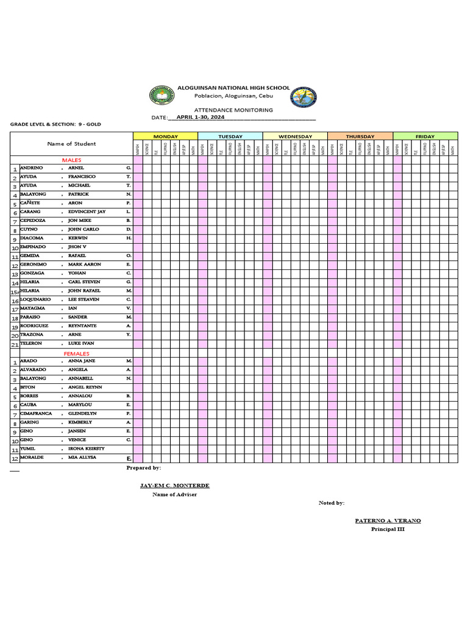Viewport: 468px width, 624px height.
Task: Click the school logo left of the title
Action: pyautogui.click(x=161, y=96)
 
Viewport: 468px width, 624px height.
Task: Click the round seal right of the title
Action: pyautogui.click(x=303, y=97)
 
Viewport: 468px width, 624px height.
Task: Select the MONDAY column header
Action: pyautogui.click(x=165, y=136)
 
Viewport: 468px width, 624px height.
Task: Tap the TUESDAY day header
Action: pyautogui.click(x=230, y=136)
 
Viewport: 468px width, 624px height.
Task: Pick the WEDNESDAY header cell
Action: pyautogui.click(x=295, y=136)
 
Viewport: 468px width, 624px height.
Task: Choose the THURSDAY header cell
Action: pyautogui.click(x=360, y=136)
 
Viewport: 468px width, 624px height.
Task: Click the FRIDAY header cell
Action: pyautogui.click(x=425, y=136)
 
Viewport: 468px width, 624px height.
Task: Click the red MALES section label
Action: pyautogui.click(x=71, y=160)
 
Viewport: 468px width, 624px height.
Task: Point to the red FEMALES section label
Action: pyautogui.click(x=76, y=353)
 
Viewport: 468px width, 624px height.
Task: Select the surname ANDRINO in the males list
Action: pyautogui.click(x=32, y=168)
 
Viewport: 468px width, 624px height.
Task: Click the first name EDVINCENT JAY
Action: pyautogui.click(x=87, y=211)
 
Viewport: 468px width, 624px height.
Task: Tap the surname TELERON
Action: pyautogui.click(x=31, y=344)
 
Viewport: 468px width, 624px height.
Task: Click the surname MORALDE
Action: pyautogui.click(x=32, y=457)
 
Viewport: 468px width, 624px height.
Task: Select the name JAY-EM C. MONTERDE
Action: pyautogui.click(x=174, y=486)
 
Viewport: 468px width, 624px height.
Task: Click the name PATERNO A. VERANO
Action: pyautogui.click(x=388, y=521)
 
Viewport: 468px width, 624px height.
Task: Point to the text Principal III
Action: pyautogui.click(x=388, y=529)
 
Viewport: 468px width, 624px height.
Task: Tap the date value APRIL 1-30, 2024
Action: pyautogui.click(x=200, y=116)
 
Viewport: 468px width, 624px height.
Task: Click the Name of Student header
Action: pyautogui.click(x=71, y=144)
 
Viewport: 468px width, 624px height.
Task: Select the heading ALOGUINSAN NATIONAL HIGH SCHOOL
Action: pyautogui.click(x=233, y=88)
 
